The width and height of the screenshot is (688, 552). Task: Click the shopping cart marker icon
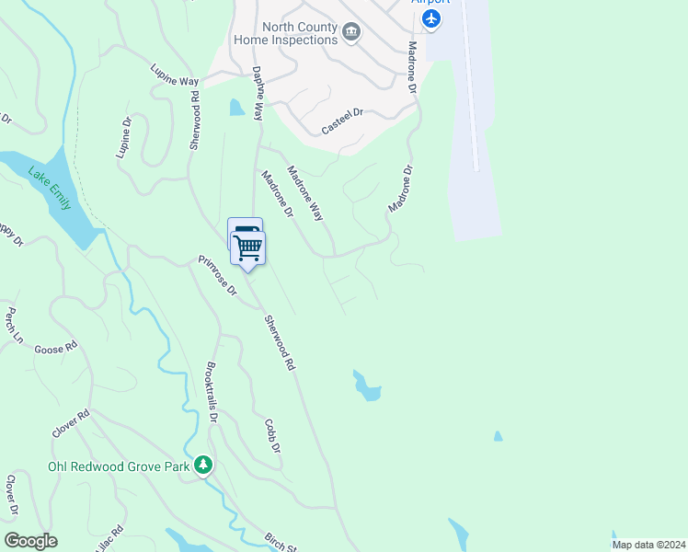coord(248,247)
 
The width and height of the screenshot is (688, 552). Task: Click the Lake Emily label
coord(50,187)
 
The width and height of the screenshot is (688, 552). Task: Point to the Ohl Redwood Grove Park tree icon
coord(202,465)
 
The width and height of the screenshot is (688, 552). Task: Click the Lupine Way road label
coord(175,75)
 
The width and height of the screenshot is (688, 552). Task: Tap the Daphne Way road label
coord(258,93)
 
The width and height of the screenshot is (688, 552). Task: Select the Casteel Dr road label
coord(343,122)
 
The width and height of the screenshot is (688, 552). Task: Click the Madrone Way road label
coord(305,192)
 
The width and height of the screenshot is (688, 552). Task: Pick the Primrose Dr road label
coord(219,275)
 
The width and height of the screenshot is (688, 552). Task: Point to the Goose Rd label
coord(56,349)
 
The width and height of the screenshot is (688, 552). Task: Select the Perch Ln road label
coord(14,325)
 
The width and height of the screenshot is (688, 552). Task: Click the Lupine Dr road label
coord(124,138)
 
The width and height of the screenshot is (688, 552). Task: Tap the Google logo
coord(30,540)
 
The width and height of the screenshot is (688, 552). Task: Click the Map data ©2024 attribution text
coord(648,545)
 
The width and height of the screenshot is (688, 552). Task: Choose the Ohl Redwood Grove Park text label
coord(119,466)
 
